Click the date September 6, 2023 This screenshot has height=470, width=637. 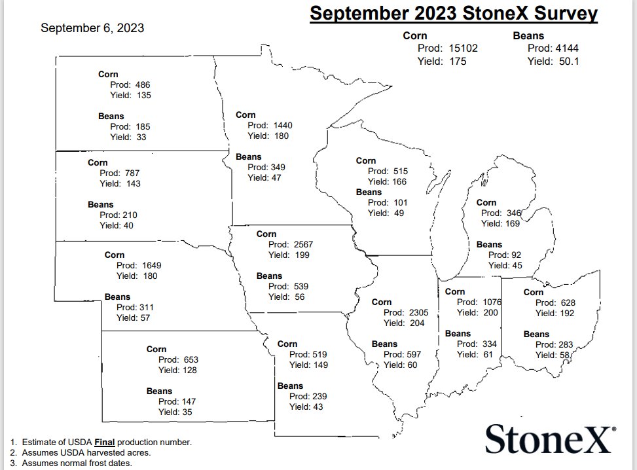[x=92, y=28]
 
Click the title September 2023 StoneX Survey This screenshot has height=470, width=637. [x=453, y=13]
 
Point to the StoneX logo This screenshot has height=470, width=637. [x=550, y=438]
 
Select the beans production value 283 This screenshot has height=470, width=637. [x=562, y=344]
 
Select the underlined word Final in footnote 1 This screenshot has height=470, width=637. [x=105, y=442]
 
